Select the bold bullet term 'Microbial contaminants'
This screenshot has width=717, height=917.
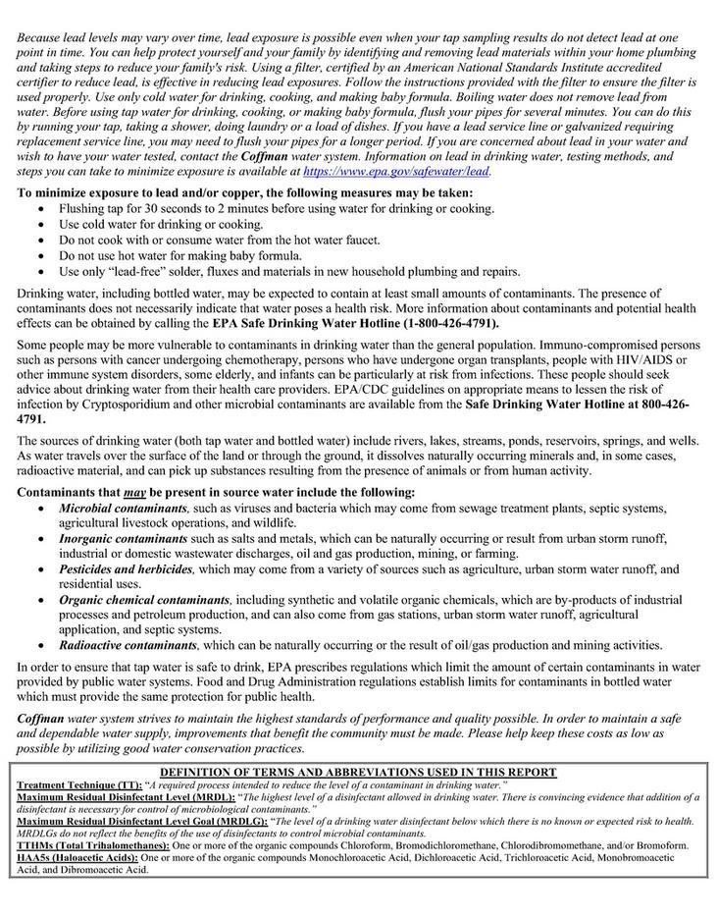point(123,509)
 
